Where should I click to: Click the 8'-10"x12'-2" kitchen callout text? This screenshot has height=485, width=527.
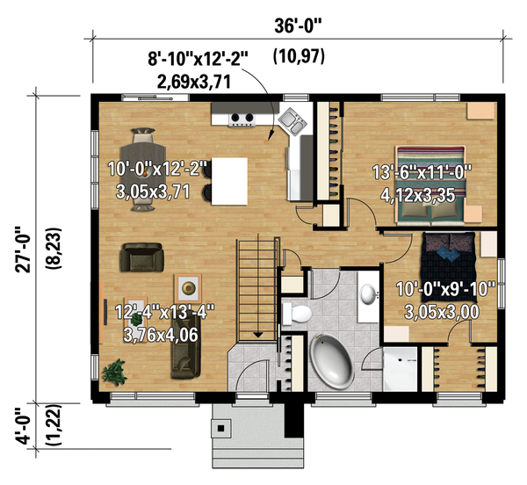(199, 60)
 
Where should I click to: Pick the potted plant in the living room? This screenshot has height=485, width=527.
(114, 372)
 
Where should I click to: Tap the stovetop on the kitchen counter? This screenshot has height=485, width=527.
(244, 118)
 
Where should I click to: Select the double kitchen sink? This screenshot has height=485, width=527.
(292, 122)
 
